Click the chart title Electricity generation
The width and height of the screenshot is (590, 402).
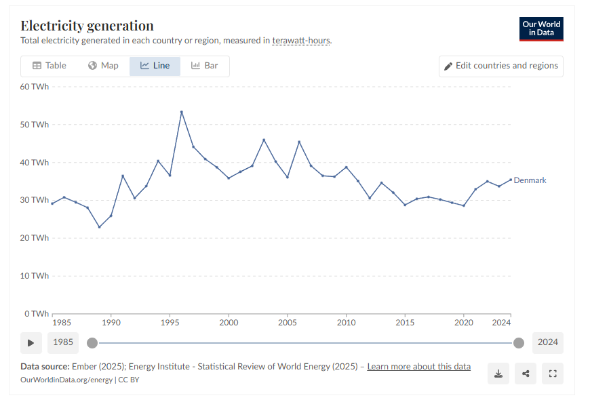87,26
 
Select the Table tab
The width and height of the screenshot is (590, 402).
50,66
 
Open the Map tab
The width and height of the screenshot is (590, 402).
103,66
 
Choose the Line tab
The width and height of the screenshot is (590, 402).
155,66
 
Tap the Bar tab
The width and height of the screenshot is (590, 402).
204,66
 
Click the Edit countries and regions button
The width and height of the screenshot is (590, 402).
500,66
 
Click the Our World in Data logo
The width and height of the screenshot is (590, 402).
541,28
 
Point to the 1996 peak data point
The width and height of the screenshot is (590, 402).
182,112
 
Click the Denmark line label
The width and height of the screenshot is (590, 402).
530,180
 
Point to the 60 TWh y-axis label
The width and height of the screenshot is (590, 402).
34,87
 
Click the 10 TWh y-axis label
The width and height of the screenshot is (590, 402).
34,276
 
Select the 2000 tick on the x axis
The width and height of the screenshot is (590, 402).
229,322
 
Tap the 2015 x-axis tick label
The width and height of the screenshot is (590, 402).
405,322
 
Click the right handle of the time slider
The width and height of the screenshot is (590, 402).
519,342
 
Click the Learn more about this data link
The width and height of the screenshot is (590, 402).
418,367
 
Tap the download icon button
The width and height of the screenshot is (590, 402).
498,374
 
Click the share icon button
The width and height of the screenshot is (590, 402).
526,374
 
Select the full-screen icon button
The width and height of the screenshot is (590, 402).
553,374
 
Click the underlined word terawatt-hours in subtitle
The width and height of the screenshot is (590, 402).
301,41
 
